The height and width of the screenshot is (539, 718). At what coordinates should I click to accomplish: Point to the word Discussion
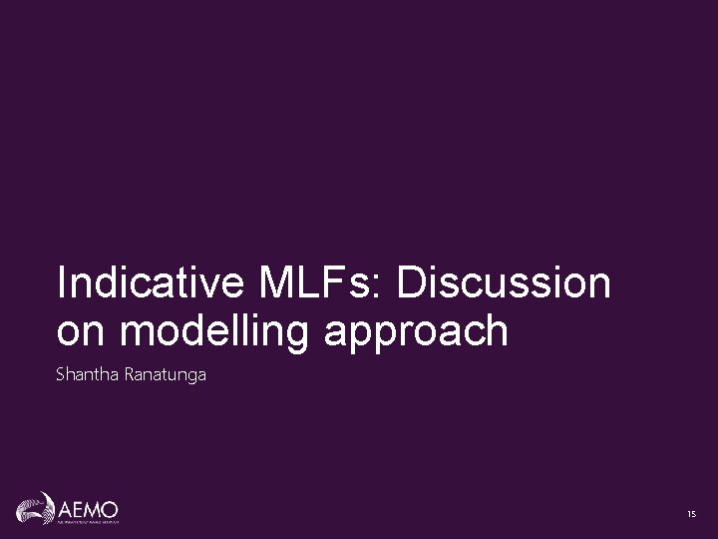point(504,282)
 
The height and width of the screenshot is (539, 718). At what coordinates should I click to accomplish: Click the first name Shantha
point(87,375)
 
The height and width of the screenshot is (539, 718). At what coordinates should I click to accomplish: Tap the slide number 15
point(690,513)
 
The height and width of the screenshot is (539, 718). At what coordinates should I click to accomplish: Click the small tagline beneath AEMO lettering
point(84,521)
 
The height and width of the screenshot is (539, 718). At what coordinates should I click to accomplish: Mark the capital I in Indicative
point(62,282)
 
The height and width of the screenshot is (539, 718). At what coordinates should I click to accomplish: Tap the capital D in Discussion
point(411,282)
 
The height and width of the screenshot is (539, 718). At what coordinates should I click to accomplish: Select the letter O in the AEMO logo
point(110,506)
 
